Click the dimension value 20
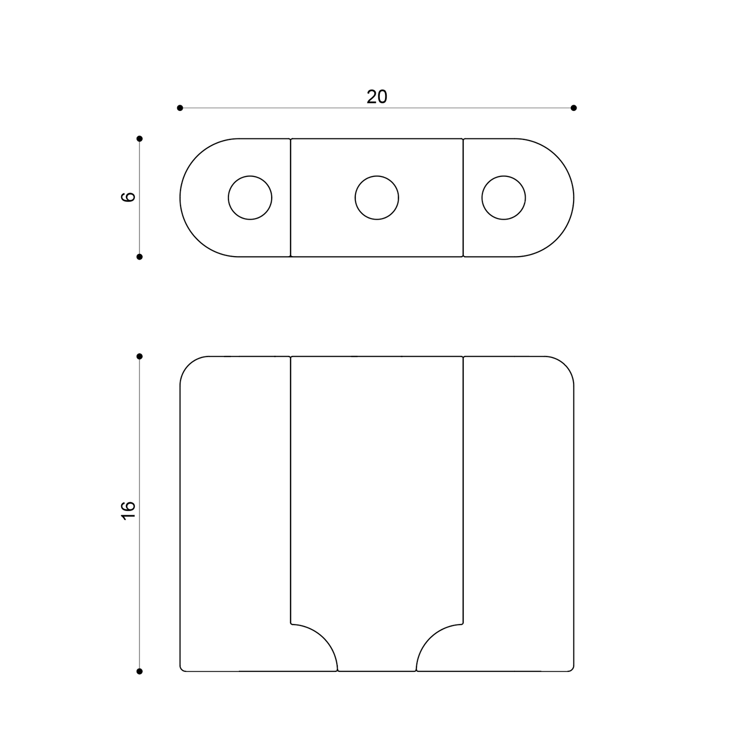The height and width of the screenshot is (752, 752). pos(377,97)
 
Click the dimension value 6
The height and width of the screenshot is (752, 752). pos(128,197)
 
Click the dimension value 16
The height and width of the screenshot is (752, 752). pos(128,509)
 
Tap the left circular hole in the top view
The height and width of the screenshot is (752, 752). pos(250,198)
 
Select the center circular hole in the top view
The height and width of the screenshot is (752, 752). pos(377,198)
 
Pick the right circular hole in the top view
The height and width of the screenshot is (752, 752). pos(503,198)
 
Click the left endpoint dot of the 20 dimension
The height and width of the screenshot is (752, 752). pos(180,108)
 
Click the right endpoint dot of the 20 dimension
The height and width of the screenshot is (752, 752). pos(573,108)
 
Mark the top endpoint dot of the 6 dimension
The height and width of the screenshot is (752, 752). pos(139,138)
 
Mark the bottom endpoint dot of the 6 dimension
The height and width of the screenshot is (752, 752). pos(139,257)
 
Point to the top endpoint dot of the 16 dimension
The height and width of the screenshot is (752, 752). pos(139,356)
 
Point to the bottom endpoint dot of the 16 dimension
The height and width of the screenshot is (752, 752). pos(139,671)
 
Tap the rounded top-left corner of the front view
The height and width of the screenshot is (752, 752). pos(189,365)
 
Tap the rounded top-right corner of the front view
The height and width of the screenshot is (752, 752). pos(565,365)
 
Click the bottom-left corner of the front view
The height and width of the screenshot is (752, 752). pos(182,670)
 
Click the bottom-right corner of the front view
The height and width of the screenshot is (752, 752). pos(572,670)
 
